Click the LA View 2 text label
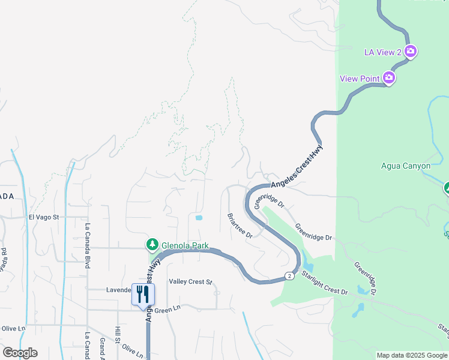[383, 52]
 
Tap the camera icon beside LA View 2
[411, 52]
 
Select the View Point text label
[360, 79]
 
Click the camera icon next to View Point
[389, 78]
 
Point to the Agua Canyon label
[406, 166]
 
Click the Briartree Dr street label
[240, 226]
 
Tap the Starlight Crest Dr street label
[325, 283]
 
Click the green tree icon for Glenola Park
[152, 245]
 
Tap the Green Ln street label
[167, 310]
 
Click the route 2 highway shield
[291, 276]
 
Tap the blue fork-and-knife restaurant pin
[143, 295]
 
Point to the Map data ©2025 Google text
[412, 355]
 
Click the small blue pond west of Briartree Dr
[199, 217]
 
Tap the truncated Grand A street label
[103, 348]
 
